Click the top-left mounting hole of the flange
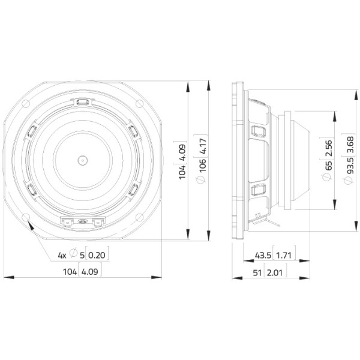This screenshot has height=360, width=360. (x=26, y=104)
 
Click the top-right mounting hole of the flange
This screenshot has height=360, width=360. (x=139, y=104)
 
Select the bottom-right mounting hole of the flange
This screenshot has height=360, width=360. (x=139, y=217)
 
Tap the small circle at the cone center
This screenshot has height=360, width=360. (x=83, y=160)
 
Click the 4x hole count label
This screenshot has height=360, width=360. (x=62, y=255)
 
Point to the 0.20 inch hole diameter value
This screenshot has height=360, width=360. (x=97, y=255)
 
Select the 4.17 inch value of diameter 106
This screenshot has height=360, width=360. (x=203, y=146)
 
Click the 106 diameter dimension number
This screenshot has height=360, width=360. (x=203, y=165)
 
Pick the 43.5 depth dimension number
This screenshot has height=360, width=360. (x=263, y=255)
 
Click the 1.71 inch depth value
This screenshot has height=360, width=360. (x=284, y=255)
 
